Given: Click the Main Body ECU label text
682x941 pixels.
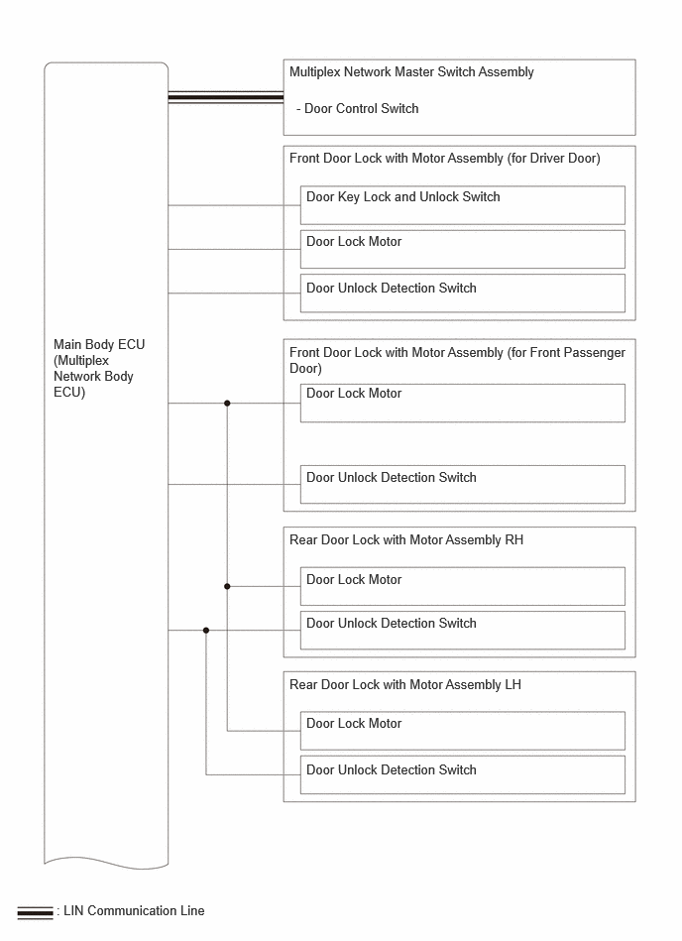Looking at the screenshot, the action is click(99, 368).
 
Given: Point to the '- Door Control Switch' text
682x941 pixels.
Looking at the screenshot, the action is click(358, 109).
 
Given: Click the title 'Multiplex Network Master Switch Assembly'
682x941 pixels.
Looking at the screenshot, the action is click(411, 72).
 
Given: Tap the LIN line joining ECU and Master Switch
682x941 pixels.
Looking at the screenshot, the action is click(226, 97).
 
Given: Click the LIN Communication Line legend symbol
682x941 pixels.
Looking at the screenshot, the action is click(35, 912).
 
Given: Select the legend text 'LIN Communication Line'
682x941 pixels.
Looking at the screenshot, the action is click(134, 911).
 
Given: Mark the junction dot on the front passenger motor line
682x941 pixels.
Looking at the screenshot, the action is click(227, 404).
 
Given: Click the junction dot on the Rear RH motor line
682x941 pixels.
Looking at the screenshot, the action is click(227, 586).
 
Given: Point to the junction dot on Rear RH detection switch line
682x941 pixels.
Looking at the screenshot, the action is click(206, 630).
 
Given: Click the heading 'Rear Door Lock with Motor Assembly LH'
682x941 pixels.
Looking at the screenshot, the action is click(405, 685).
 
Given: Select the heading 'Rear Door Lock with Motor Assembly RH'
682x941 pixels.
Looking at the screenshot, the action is click(406, 540).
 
